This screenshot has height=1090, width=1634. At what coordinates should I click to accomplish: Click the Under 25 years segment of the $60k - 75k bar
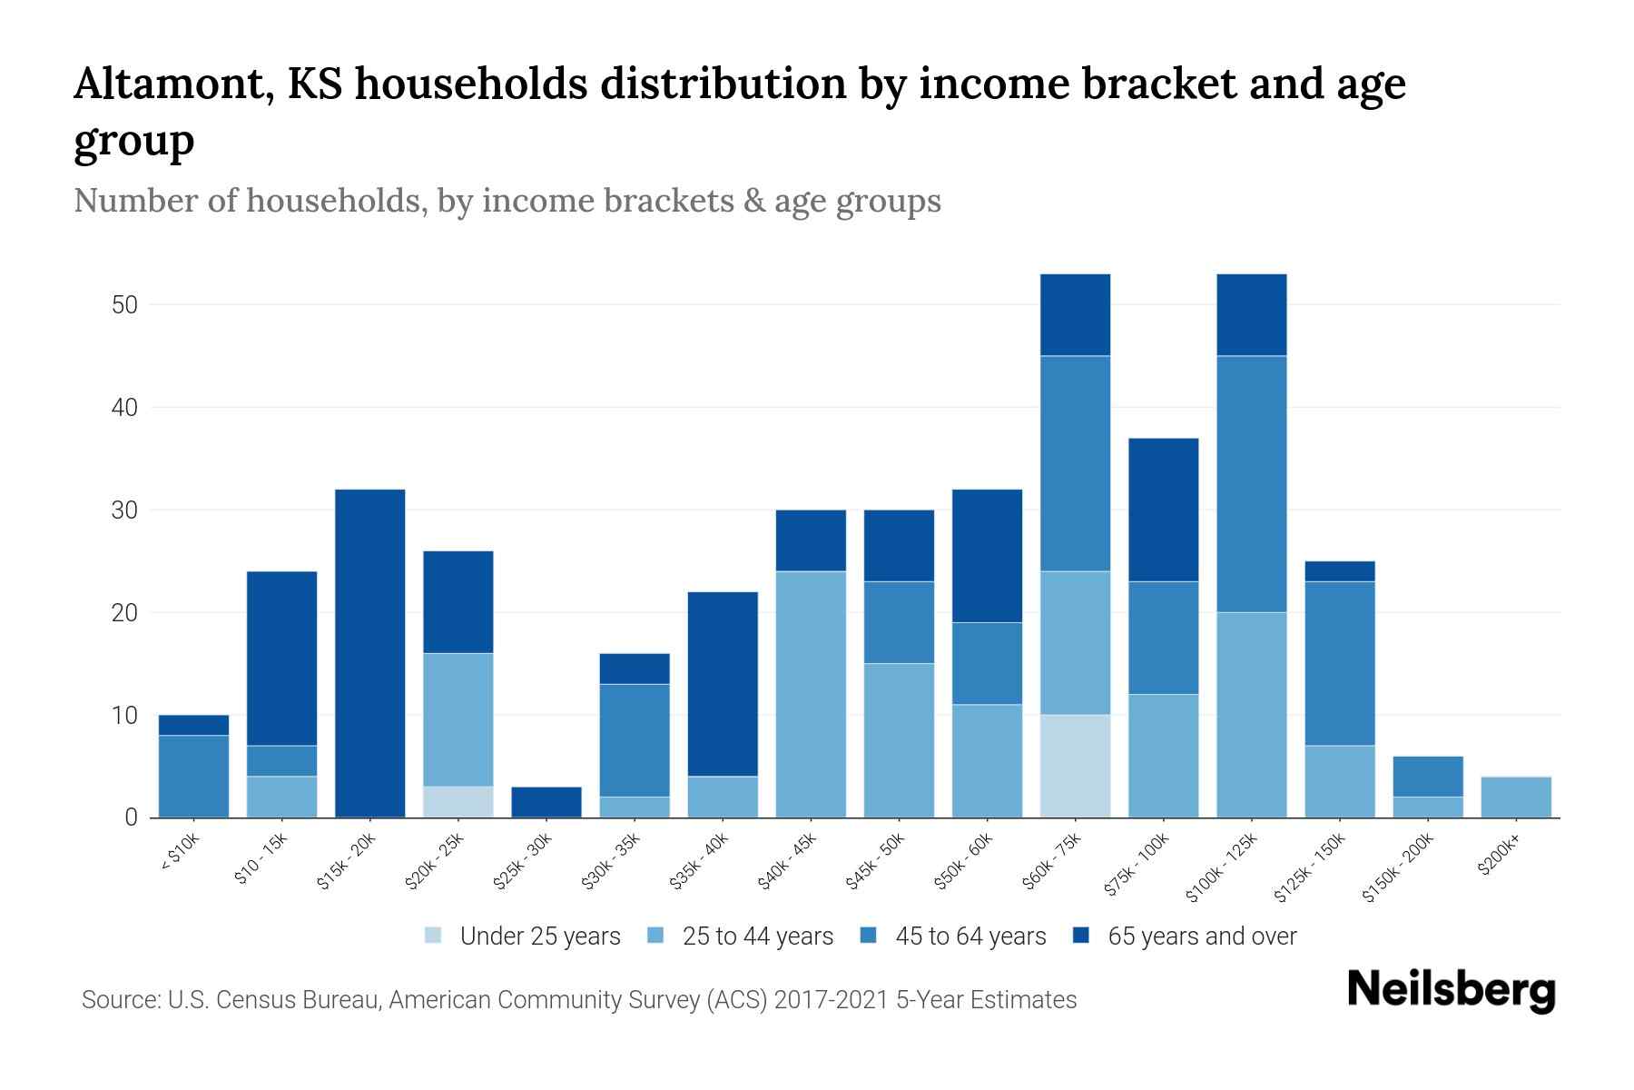click(1075, 766)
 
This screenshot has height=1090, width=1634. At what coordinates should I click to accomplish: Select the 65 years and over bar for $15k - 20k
click(369, 653)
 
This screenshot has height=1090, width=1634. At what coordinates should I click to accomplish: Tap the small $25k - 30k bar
click(546, 802)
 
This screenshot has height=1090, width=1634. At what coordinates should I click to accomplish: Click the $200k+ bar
click(1515, 797)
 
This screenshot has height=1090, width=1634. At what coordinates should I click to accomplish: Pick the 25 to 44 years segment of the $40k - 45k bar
click(811, 694)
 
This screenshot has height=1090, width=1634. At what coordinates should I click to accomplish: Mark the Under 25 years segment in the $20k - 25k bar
click(458, 801)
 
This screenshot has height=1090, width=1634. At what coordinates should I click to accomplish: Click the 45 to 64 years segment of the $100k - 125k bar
click(1251, 483)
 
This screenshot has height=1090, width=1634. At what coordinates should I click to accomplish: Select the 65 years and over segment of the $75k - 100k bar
click(1163, 510)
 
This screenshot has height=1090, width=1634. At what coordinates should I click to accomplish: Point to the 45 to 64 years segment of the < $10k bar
click(193, 776)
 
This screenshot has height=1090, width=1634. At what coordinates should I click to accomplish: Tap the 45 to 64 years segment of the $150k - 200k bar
click(1427, 776)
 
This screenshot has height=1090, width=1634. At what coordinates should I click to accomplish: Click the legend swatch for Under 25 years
click(434, 936)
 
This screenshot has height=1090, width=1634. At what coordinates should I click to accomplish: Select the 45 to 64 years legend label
click(970, 936)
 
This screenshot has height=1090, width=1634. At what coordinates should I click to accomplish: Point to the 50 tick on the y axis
click(124, 305)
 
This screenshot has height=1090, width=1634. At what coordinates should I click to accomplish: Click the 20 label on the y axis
click(124, 613)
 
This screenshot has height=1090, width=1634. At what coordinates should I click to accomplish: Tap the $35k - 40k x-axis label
click(701, 862)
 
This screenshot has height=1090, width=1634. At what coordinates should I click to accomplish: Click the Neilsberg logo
click(1452, 991)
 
